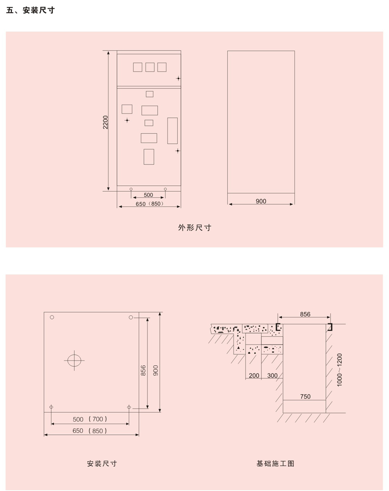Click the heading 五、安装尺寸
[30, 10]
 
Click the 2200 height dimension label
[105, 122]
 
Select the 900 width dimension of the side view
[261, 201]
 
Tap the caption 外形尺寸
[194, 228]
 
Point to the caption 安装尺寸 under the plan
[102, 463]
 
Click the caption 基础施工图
[275, 463]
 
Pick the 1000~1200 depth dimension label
[339, 370]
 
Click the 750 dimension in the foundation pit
[305, 396]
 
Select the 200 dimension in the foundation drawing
[254, 375]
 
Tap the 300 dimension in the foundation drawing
[272, 375]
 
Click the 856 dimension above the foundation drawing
[305, 314]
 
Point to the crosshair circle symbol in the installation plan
[74, 361]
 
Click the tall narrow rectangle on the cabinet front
[172, 130]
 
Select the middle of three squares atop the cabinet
[150, 67]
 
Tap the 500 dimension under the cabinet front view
[148, 195]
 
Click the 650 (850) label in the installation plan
[89, 431]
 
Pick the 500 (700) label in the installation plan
[90, 419]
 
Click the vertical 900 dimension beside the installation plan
[156, 371]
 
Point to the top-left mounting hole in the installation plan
[52, 317]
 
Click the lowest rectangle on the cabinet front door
[149, 157]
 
